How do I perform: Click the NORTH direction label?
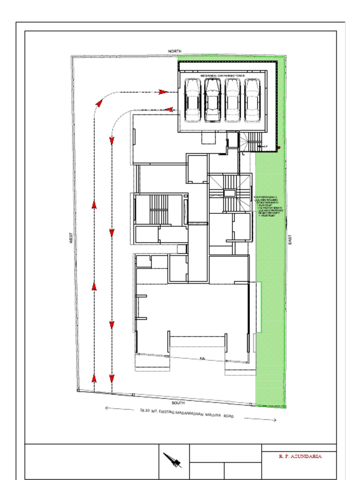click(x=175, y=51)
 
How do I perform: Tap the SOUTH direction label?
click(x=178, y=403)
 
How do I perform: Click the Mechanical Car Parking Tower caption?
click(x=223, y=75)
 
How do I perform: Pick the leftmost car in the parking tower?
click(x=193, y=100)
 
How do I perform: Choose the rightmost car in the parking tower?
click(x=252, y=100)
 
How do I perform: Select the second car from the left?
click(x=212, y=100)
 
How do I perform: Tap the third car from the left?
click(x=232, y=100)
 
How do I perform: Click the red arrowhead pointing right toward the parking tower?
click(x=163, y=92)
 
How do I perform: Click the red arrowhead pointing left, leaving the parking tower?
click(x=169, y=110)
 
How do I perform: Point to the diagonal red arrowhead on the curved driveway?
click(x=98, y=101)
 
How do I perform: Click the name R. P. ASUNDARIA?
click(x=300, y=456)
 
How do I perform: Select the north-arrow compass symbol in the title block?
click(x=172, y=460)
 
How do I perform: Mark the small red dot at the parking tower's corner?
click(x=278, y=148)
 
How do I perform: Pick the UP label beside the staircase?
click(x=265, y=147)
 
